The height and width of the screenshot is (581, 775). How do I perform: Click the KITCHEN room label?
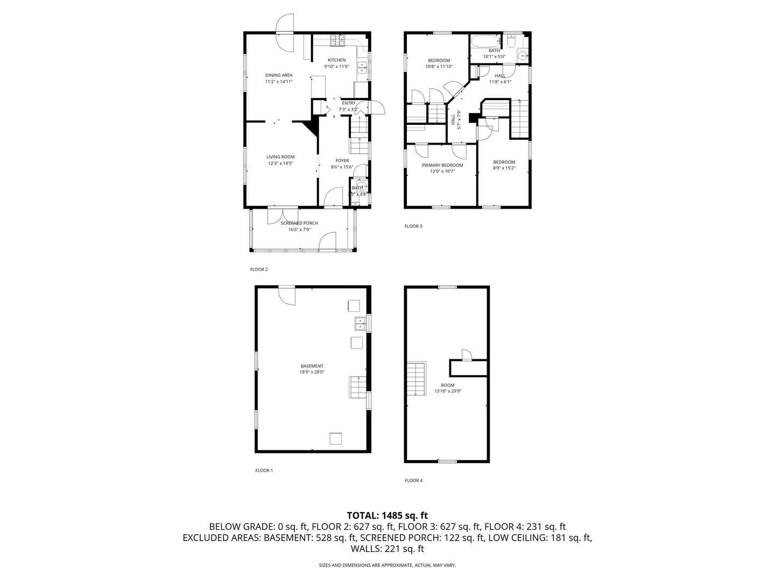click(336, 60)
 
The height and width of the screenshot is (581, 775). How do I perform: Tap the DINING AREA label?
click(279, 75)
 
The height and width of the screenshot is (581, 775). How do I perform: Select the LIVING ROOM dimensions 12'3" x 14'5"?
click(280, 164)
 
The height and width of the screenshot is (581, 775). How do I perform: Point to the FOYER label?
click(342, 160)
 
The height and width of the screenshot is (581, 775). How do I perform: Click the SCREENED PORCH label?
click(299, 223)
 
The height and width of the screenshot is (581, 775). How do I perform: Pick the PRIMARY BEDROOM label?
click(442, 165)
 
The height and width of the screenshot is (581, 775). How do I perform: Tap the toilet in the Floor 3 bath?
click(511, 41)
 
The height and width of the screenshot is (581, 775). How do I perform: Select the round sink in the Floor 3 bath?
click(522, 55)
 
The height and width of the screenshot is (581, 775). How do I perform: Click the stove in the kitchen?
click(339, 39)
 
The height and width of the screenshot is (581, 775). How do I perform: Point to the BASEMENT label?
click(312, 366)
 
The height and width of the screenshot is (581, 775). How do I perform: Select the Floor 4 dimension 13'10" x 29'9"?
click(447, 392)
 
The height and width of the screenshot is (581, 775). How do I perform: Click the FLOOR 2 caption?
click(259, 270)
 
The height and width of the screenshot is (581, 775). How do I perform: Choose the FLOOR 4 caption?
click(413, 480)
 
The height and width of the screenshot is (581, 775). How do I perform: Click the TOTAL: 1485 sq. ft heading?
click(387, 515)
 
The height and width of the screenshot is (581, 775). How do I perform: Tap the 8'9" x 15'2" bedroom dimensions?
click(504, 168)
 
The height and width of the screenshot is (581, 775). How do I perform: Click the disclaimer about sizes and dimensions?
click(387, 565)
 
